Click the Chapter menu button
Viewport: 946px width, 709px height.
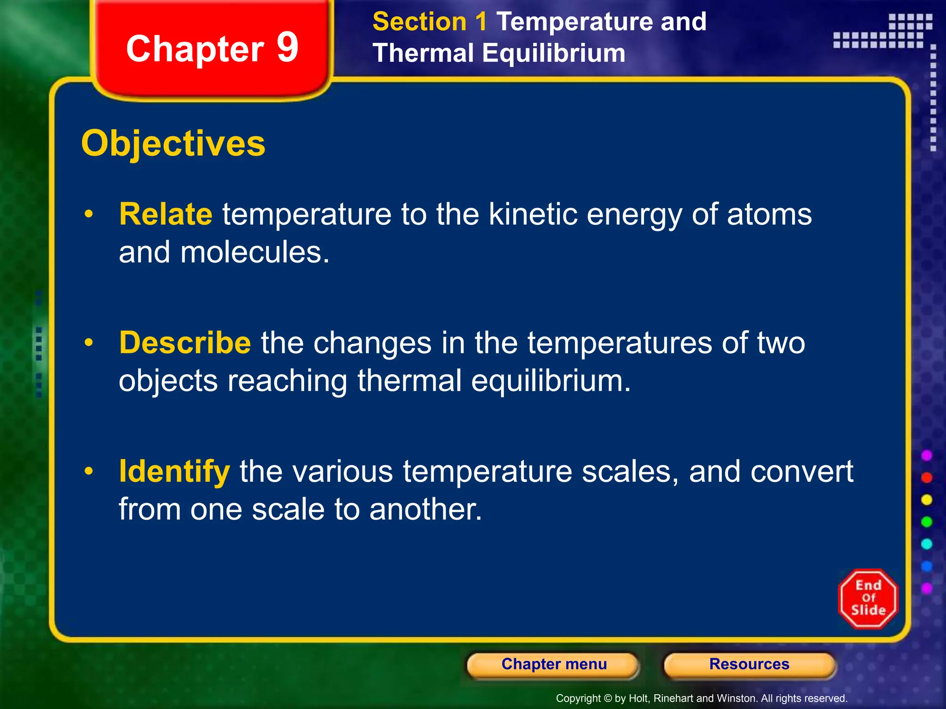click(x=553, y=665)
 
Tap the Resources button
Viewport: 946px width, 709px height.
click(x=749, y=665)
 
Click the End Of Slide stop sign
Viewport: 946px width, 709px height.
click(x=868, y=599)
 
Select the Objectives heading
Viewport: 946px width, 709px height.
click(x=173, y=144)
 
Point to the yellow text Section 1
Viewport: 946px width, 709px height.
click(x=430, y=22)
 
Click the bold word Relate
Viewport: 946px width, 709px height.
click(x=165, y=214)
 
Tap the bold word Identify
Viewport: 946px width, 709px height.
click(x=174, y=471)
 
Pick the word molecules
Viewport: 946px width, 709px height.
click(x=255, y=252)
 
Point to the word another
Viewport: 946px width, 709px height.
click(x=425, y=510)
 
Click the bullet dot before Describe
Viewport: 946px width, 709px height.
click(x=89, y=343)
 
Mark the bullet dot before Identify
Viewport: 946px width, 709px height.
click(x=89, y=471)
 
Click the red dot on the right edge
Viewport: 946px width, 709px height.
click(x=927, y=478)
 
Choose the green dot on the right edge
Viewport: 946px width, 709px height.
click(x=927, y=522)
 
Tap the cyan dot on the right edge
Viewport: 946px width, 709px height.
click(x=927, y=544)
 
